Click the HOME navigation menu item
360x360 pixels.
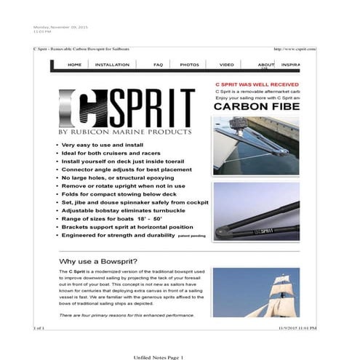(74, 65)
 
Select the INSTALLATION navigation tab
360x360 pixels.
(112, 65)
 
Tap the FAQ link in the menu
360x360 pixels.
(158, 65)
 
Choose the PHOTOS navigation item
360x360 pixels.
(189, 65)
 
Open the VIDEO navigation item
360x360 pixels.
(227, 65)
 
